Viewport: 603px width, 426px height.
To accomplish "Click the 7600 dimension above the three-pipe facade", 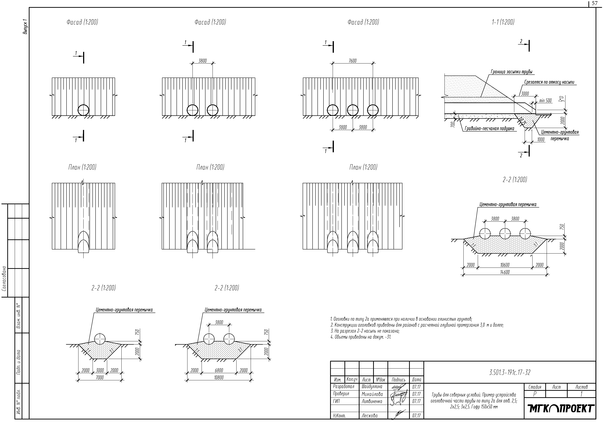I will [352, 61].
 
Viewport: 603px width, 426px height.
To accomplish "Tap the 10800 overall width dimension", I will [219, 378].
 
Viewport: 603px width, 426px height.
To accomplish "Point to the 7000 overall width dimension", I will [100, 378].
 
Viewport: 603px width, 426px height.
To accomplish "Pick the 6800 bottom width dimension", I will [219, 370].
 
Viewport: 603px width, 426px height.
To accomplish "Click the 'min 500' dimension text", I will [545, 101].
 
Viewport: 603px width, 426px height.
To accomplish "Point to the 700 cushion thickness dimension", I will [452, 124].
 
